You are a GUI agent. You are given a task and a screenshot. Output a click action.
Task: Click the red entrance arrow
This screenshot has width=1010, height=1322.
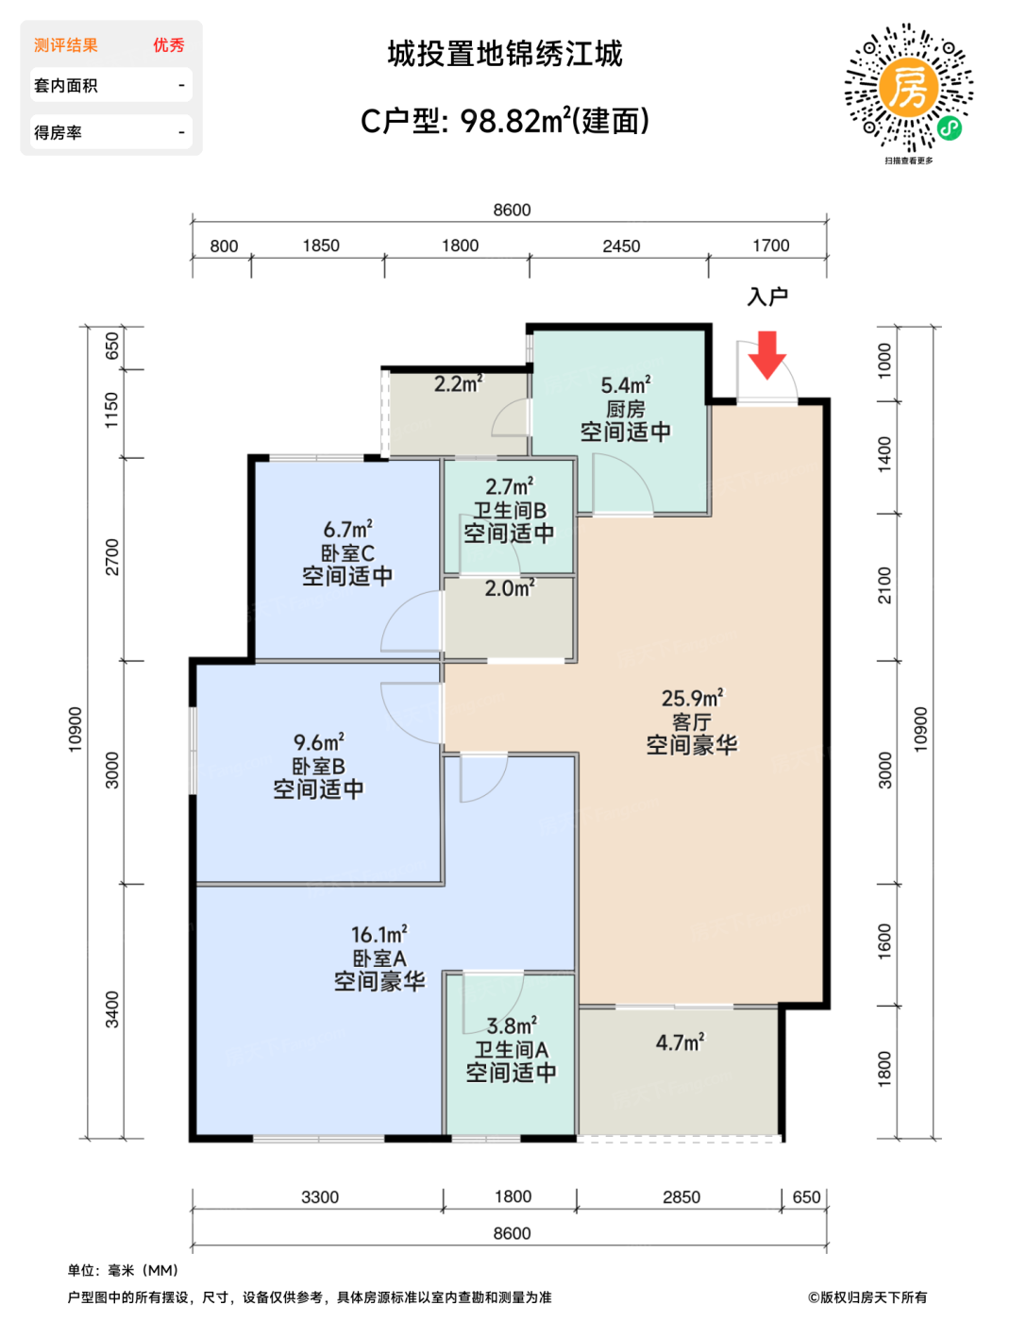(766, 355)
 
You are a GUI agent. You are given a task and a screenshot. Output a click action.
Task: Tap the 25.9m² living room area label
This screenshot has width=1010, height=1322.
(693, 698)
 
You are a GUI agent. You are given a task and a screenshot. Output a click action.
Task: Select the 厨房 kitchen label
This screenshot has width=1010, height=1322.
(626, 410)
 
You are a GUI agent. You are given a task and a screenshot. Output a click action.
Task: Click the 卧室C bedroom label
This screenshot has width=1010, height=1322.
(348, 553)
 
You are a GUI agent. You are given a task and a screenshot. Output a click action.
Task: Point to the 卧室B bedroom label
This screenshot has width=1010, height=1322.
(318, 766)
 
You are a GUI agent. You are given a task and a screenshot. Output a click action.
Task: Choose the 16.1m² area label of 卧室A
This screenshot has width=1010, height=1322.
(379, 935)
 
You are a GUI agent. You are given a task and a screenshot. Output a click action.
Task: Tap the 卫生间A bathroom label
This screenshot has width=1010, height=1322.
(511, 1050)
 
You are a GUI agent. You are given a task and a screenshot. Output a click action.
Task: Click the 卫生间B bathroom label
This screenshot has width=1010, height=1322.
(509, 510)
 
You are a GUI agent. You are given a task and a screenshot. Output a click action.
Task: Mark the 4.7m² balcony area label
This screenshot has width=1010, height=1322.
(681, 1042)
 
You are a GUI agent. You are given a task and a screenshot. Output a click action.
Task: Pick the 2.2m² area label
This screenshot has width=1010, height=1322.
(459, 384)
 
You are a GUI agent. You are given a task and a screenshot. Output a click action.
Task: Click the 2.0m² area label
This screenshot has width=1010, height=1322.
(510, 588)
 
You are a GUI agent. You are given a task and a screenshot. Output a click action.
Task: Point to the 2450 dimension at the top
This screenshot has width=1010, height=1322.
(621, 246)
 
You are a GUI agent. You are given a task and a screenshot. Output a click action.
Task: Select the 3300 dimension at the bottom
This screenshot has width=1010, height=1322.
(320, 1196)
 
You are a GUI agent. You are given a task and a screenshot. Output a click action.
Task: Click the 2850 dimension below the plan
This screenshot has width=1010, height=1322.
(682, 1196)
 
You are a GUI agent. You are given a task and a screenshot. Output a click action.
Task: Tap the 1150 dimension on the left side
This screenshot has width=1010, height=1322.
(112, 410)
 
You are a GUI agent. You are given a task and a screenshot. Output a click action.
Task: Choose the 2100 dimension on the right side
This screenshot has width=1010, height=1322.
(884, 585)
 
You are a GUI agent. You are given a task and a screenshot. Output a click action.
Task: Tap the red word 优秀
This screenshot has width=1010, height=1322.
(169, 45)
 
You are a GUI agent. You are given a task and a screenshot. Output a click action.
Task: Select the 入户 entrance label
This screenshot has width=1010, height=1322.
(767, 297)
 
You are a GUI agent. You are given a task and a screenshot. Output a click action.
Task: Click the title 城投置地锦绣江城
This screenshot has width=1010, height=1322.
(505, 54)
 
